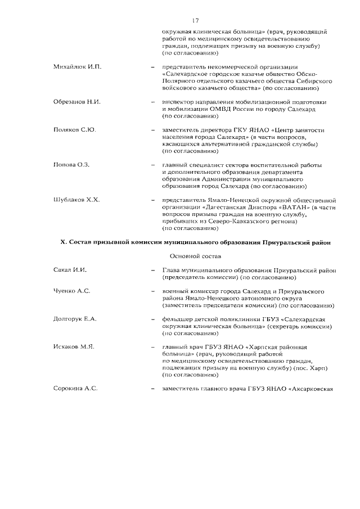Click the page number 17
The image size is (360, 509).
[x=195, y=21]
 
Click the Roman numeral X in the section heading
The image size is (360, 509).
[x=63, y=242]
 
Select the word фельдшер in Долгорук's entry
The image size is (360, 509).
[x=177, y=319]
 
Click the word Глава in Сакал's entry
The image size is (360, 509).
[x=171, y=270]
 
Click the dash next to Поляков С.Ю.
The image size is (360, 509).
[x=153, y=130]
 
